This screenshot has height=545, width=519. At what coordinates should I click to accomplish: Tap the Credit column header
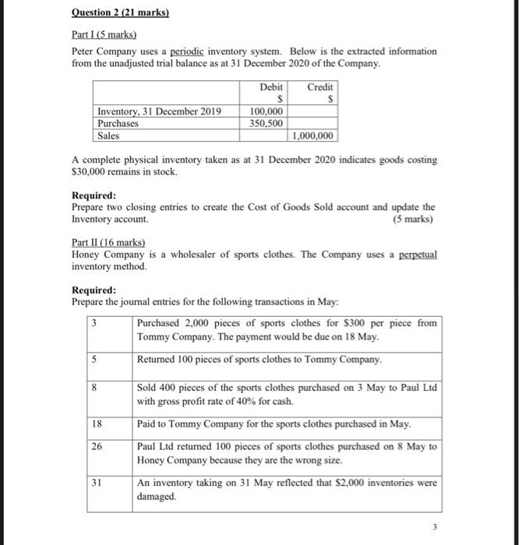pyautogui.click(x=320, y=87)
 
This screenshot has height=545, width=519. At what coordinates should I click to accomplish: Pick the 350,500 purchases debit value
pyautogui.click(x=267, y=123)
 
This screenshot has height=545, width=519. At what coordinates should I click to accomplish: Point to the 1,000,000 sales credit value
pyautogui.click(x=313, y=135)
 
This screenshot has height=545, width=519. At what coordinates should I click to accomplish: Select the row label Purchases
pyautogui.click(x=118, y=123)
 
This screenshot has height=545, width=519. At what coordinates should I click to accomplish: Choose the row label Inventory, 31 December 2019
pyautogui.click(x=159, y=111)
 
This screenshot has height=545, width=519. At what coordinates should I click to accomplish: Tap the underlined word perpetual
pyautogui.click(x=415, y=255)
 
